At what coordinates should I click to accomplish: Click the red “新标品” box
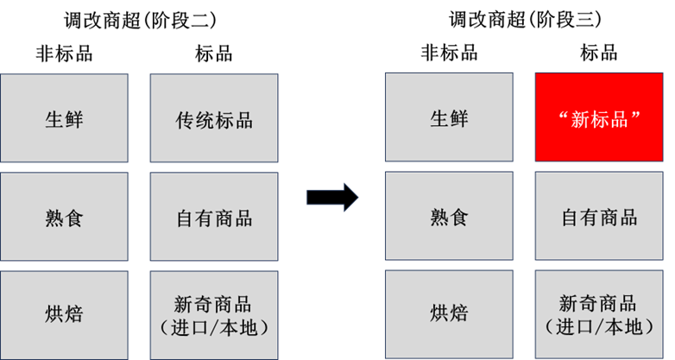(x=599, y=117)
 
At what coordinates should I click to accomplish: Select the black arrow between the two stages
(x=332, y=197)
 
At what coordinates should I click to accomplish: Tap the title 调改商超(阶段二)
(x=141, y=20)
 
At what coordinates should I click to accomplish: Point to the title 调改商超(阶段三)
(x=525, y=19)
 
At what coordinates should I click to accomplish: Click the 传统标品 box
(x=214, y=118)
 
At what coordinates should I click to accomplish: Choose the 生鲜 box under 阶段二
(x=64, y=118)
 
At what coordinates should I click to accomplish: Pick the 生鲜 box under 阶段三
(x=449, y=117)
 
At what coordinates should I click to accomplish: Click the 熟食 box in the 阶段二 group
(x=64, y=217)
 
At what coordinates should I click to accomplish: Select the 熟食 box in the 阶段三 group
(x=449, y=216)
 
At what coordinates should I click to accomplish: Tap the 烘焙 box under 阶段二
(x=64, y=315)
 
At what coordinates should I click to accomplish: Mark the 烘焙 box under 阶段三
(x=449, y=314)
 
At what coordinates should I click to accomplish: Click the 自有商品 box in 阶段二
(x=214, y=217)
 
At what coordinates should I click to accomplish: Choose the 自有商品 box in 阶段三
(x=599, y=216)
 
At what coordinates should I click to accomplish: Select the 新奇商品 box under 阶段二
(x=214, y=315)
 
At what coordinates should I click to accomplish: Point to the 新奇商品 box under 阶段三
(x=599, y=314)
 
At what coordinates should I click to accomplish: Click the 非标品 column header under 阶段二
(x=64, y=54)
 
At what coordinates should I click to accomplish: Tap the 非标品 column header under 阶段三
(x=449, y=53)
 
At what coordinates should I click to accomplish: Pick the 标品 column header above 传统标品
(x=214, y=54)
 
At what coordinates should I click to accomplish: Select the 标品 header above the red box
(x=599, y=53)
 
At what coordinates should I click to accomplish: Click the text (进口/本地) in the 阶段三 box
(x=599, y=327)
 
